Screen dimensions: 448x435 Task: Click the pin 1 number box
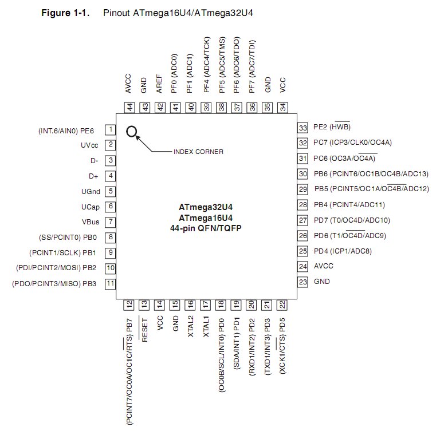point(111,129)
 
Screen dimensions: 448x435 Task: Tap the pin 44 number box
point(129,108)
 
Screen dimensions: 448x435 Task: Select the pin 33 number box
point(302,128)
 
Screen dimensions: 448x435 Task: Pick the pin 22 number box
point(282,305)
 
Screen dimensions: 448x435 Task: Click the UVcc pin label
point(89,145)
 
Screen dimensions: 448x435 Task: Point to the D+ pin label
point(93,176)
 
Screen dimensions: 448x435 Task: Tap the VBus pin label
point(91,222)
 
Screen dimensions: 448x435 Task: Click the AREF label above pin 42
point(159,84)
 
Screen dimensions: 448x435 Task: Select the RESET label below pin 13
point(144,330)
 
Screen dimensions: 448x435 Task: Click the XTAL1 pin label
point(206,326)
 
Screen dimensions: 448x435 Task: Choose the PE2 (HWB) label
point(332,126)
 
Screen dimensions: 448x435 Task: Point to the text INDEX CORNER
point(198,152)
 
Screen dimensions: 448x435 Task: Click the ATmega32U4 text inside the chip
point(206,207)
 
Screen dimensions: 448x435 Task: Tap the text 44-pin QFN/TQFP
point(206,228)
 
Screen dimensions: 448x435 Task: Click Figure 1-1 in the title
point(65,13)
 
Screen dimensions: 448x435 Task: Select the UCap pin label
point(91,207)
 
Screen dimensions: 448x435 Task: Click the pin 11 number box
point(111,284)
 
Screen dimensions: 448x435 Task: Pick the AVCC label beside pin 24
point(324,266)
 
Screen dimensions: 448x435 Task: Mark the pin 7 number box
point(111,222)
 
